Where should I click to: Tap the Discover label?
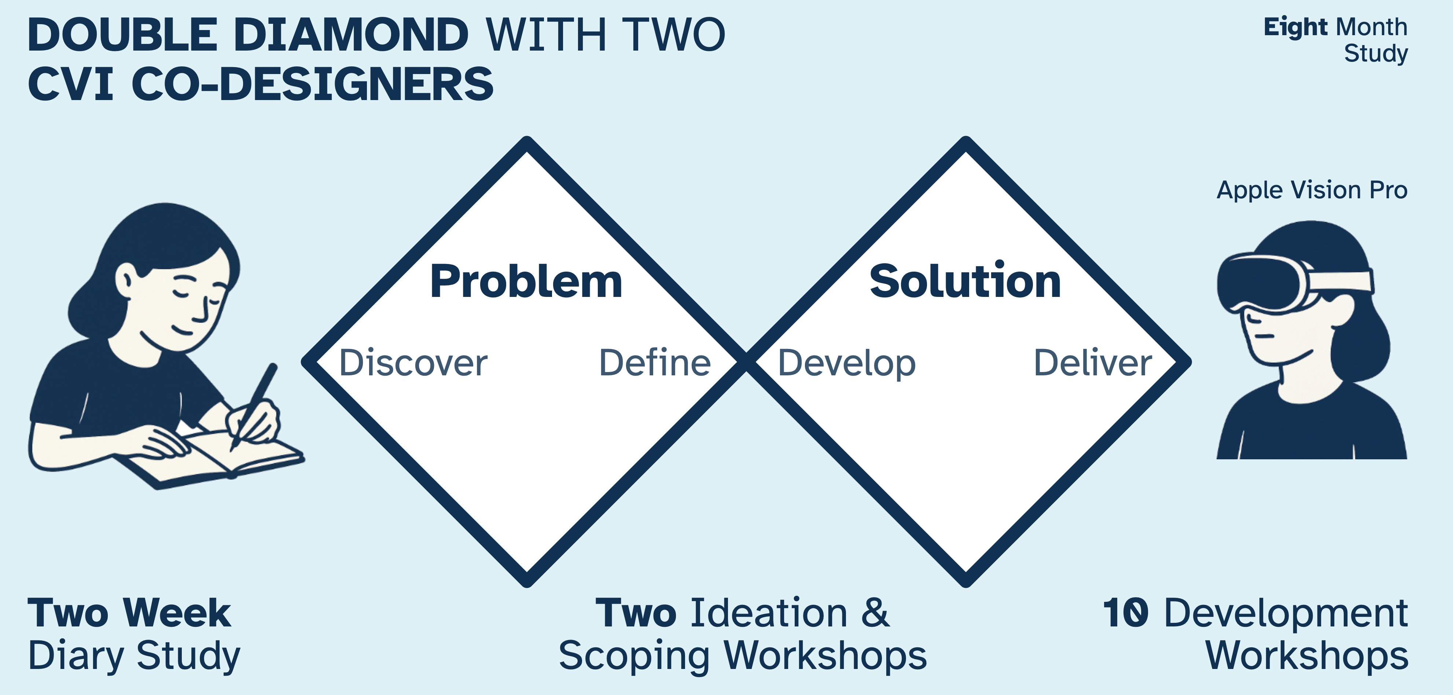[x=413, y=363]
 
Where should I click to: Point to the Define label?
[x=654, y=363]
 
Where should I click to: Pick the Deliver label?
[x=1093, y=363]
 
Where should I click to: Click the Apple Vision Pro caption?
[x=1312, y=190]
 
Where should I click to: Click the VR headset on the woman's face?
[x=1292, y=282]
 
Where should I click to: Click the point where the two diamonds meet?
[x=746, y=361]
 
